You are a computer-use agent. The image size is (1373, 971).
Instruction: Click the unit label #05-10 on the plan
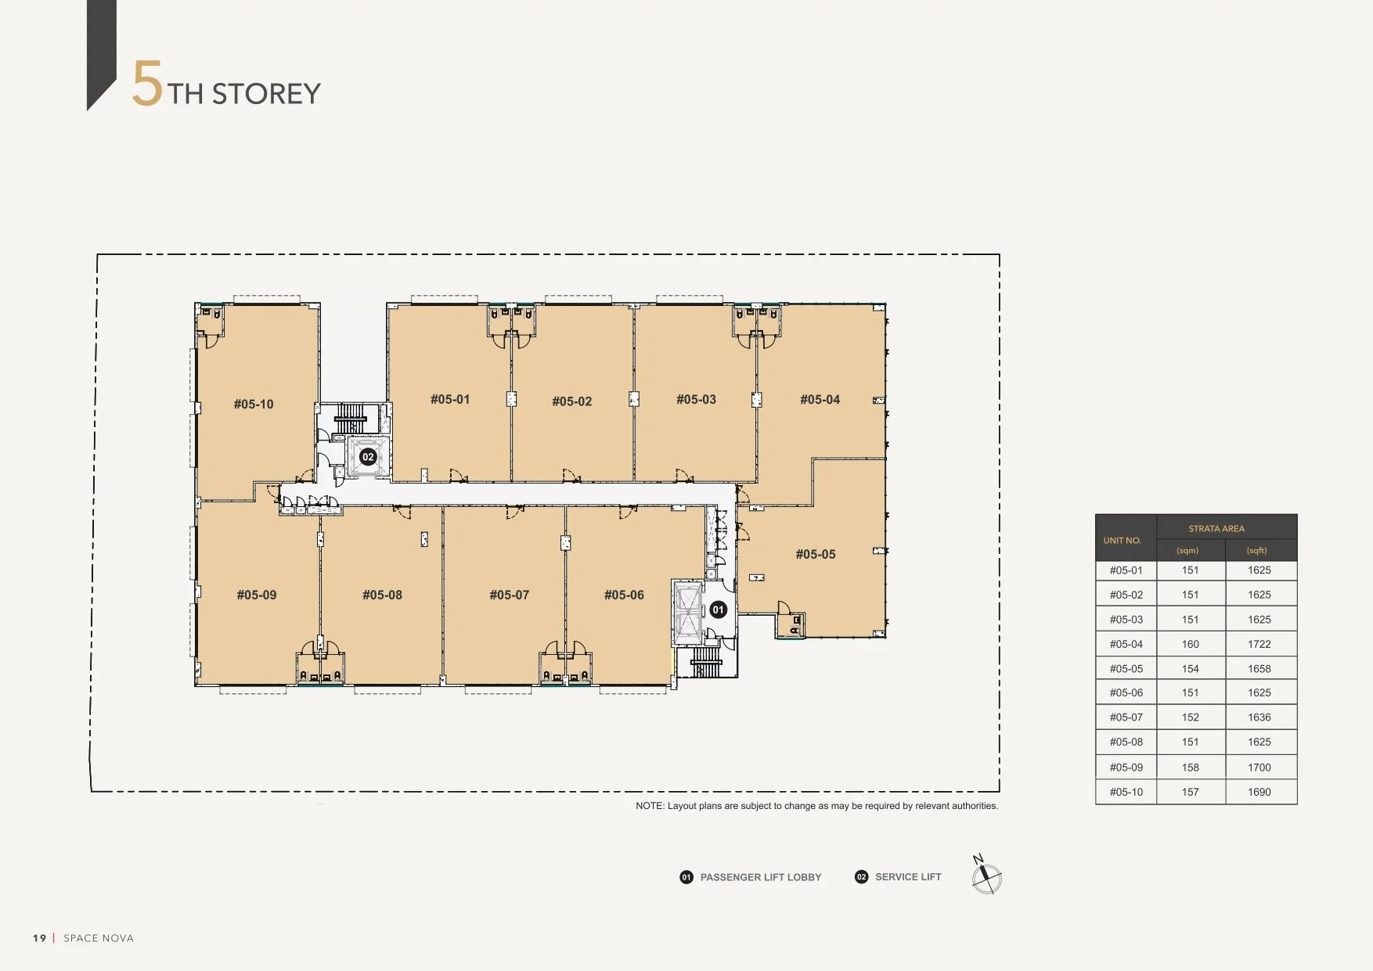[254, 405]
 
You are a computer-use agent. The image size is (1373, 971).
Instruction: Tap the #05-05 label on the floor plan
[816, 555]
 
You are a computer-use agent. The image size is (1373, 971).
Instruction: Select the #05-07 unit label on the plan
[510, 595]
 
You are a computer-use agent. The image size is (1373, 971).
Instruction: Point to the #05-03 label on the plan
[697, 400]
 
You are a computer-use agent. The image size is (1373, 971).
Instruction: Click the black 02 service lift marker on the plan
[368, 457]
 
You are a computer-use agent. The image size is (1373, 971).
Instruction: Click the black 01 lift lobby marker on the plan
[718, 610]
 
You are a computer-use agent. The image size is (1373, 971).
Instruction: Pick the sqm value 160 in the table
[1191, 645]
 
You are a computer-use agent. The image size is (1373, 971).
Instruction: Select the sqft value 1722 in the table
[1259, 645]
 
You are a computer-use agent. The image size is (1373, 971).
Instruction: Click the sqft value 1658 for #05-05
[1259, 669]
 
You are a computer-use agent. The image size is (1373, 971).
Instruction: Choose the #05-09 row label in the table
[1126, 768]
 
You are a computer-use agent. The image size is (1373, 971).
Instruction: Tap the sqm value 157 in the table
[1191, 793]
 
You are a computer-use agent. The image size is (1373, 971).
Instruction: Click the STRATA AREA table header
[1216, 529]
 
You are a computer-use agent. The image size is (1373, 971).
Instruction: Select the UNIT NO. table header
[1123, 541]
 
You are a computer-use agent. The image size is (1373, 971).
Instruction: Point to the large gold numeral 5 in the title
[147, 84]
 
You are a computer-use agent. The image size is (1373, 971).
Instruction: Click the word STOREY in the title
[266, 94]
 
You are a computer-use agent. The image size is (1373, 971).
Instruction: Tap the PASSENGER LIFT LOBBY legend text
[761, 878]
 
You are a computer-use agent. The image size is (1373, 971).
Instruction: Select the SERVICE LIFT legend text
[908, 877]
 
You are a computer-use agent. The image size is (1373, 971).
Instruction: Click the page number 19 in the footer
[40, 938]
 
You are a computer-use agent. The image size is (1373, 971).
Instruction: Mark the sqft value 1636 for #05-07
[1259, 717]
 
